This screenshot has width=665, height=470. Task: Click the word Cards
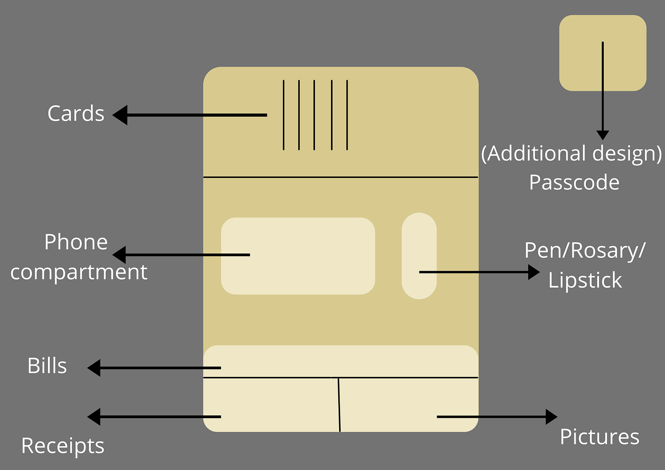coord(76,113)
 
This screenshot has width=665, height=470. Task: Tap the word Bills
coord(47,366)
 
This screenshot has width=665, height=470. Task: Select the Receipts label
coord(63,446)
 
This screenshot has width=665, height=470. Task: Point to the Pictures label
coord(599,437)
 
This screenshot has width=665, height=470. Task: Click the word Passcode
coord(574,182)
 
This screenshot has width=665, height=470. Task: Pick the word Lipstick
coord(585,280)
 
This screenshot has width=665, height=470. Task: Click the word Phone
coord(76,242)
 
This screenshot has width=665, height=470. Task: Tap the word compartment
coord(79,273)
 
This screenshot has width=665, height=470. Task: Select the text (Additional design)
coord(571,153)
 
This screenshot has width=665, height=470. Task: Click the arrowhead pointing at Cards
coord(120,115)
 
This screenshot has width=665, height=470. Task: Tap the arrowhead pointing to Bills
coord(94,368)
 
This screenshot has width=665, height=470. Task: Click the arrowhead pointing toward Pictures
coord(551,417)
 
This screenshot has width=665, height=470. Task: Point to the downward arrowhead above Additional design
coord(603,135)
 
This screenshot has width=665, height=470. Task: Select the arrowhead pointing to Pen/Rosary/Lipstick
coord(534,272)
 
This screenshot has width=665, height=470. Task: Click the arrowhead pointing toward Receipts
coord(94,417)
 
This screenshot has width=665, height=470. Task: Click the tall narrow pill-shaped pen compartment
coord(419,256)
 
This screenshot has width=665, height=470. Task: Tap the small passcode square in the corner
coord(603,53)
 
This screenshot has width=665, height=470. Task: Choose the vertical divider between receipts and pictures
coord(339,404)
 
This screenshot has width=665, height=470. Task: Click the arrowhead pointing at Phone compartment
coord(119,254)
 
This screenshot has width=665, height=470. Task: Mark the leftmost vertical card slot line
coord(284,115)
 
